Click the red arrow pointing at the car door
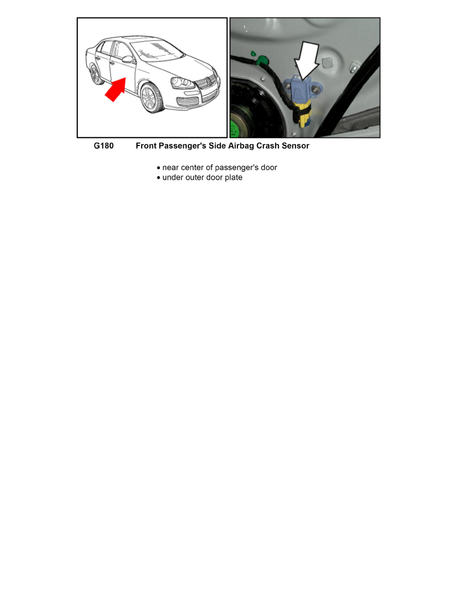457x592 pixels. (114, 89)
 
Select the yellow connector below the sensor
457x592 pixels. (303, 114)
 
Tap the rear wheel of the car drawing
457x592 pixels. (95, 75)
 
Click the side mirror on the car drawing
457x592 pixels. (129, 60)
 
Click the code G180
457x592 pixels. (104, 146)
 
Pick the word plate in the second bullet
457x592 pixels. (232, 177)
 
